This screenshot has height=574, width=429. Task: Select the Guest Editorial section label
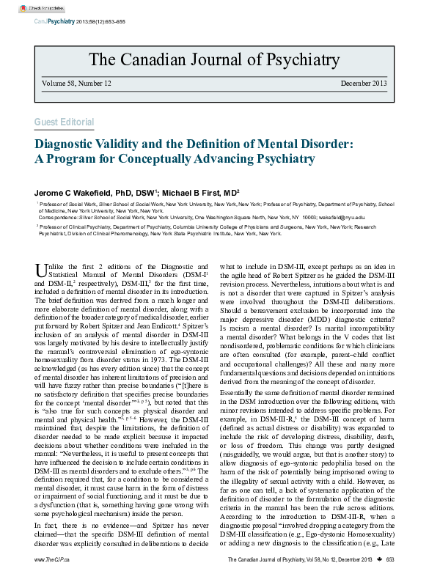tap(64, 122)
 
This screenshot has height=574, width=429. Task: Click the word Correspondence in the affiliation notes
tap(61, 218)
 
